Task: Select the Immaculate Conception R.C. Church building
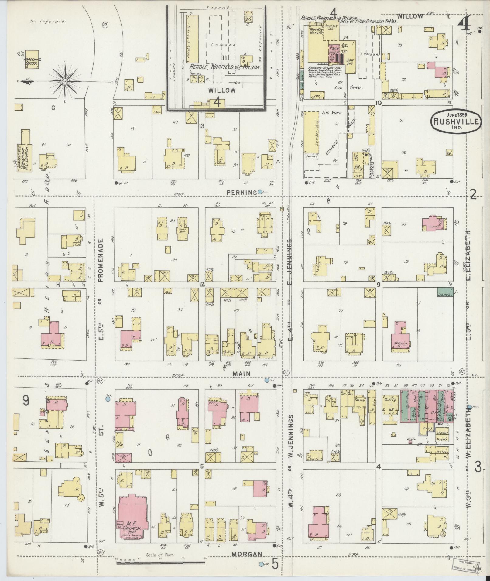click(x=25, y=153)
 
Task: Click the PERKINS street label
click(x=241, y=193)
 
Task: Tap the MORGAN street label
click(x=247, y=554)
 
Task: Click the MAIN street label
click(x=242, y=374)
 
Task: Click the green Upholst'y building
click(x=445, y=292)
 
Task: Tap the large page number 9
click(x=26, y=401)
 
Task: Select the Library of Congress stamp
click(x=464, y=565)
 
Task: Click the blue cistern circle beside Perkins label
click(x=260, y=192)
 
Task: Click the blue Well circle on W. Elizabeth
click(x=470, y=407)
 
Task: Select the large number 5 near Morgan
click(x=275, y=564)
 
